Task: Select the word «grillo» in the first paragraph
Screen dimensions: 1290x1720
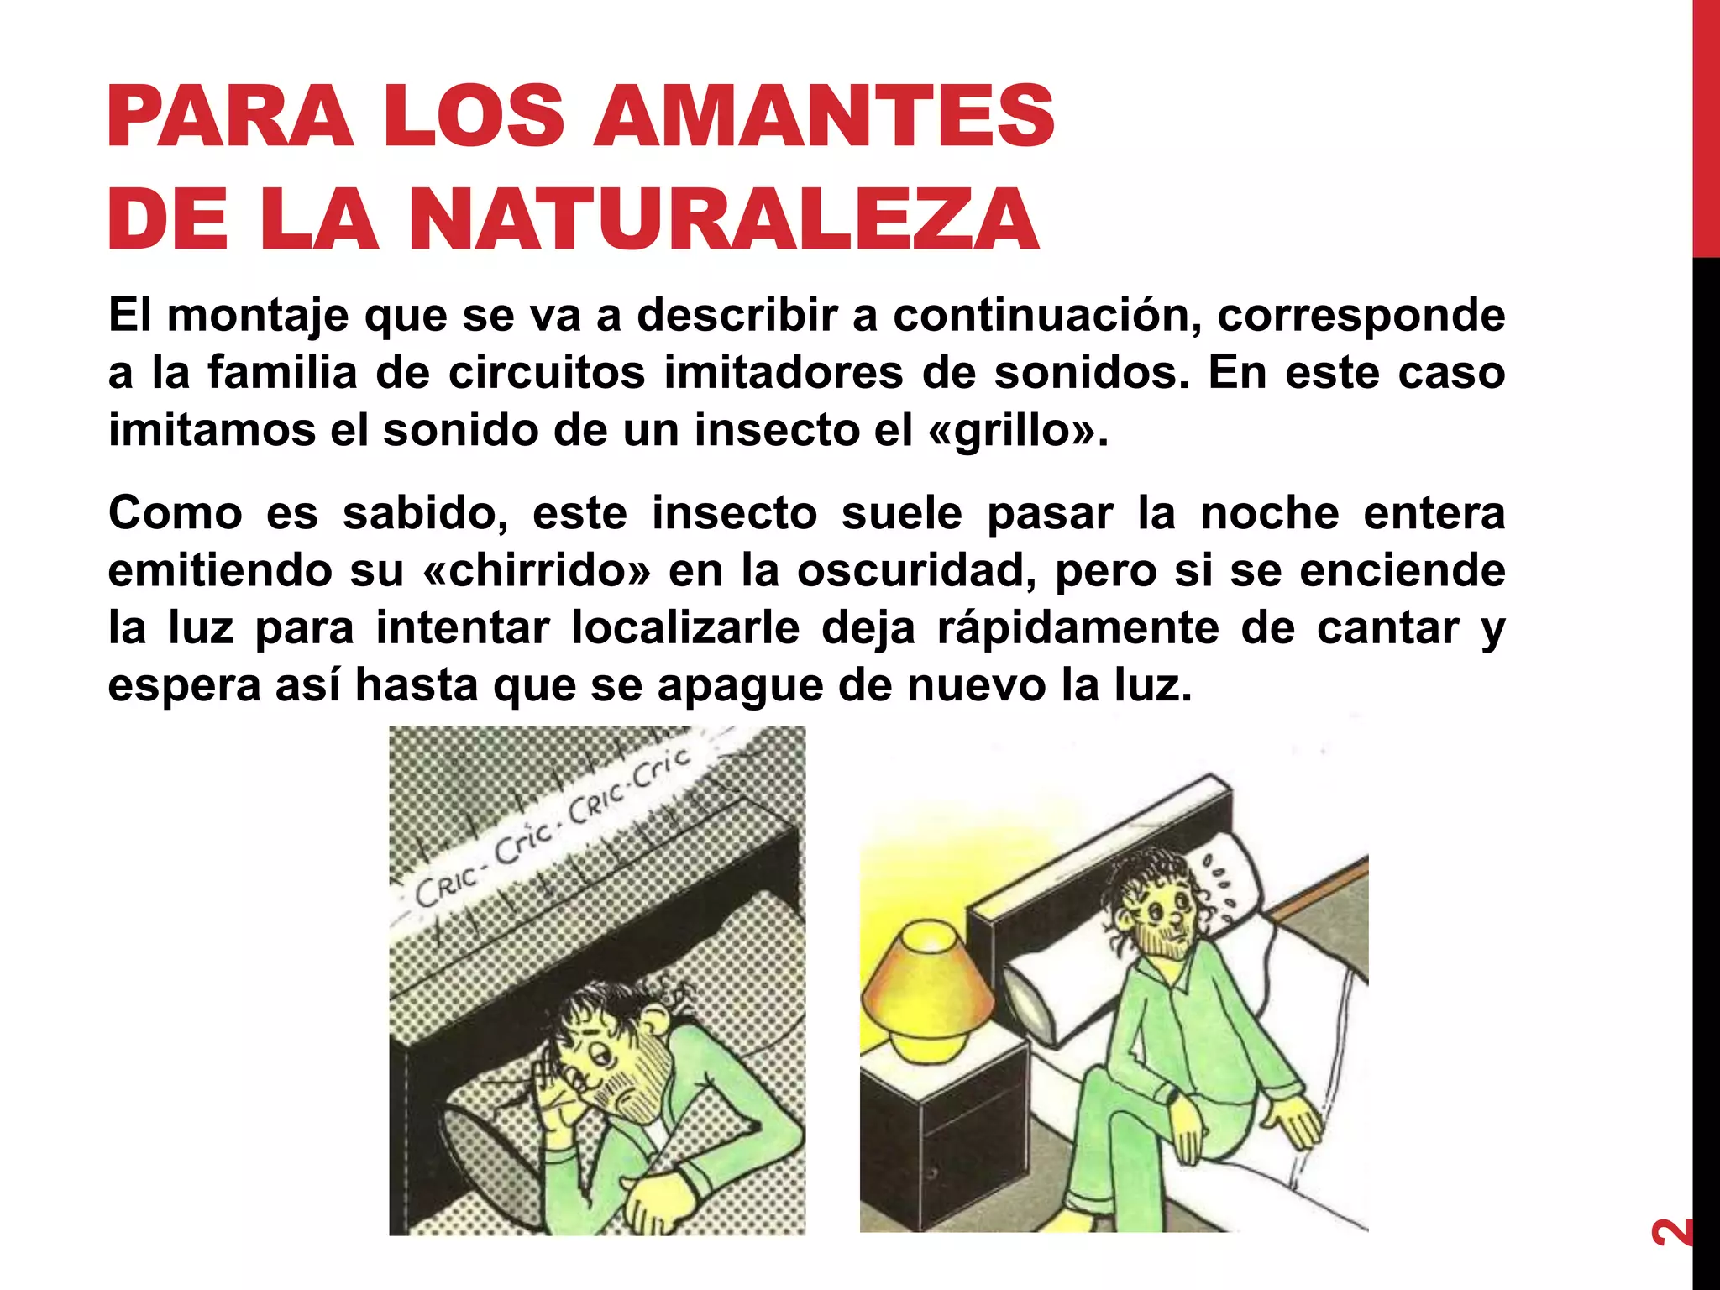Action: coord(1012,431)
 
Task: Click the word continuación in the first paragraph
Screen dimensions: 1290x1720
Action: coord(1046,316)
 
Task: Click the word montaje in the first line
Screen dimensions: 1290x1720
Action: coord(258,317)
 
